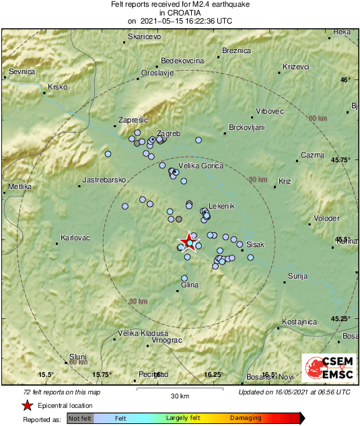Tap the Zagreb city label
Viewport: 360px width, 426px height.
pyautogui.click(x=168, y=134)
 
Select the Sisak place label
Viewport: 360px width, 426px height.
pyautogui.click(x=256, y=244)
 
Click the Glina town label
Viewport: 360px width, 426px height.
pyautogui.click(x=190, y=285)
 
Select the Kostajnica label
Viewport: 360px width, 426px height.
pyautogui.click(x=299, y=322)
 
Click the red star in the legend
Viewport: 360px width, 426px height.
pyautogui.click(x=26, y=405)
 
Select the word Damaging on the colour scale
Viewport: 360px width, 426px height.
pyautogui.click(x=246, y=419)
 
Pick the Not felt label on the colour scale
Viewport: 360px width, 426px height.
pyautogui.click(x=80, y=419)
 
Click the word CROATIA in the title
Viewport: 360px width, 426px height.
pyautogui.click(x=180, y=12)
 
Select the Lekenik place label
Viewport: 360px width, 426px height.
pyautogui.click(x=222, y=205)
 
